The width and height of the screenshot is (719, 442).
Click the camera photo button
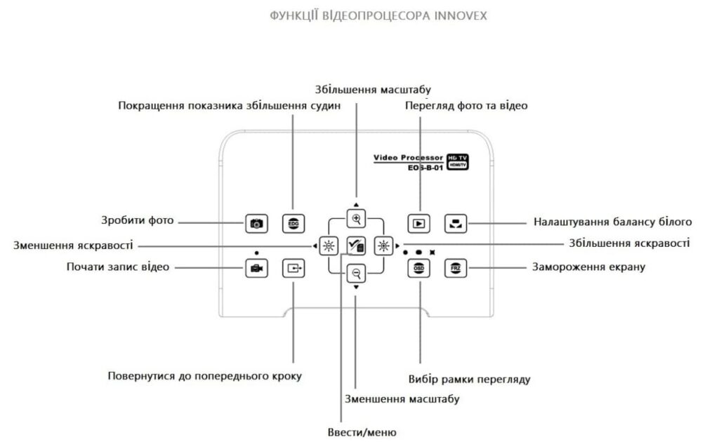point(256,224)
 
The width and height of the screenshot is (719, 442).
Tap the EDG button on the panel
point(293,224)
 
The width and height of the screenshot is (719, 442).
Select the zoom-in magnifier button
point(356,218)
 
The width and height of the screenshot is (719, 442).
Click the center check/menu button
point(356,246)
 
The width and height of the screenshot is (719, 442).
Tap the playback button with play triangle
point(418,224)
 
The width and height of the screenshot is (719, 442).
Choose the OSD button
point(418,268)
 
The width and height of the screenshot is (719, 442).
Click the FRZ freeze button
point(455,268)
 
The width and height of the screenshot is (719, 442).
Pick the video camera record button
point(256,268)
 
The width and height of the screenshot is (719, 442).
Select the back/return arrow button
point(293,268)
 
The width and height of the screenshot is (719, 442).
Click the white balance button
point(455,224)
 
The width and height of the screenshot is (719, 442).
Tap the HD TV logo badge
point(458,161)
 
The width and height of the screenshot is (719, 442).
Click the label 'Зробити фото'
point(138,220)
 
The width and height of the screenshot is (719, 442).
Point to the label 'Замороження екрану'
point(589,267)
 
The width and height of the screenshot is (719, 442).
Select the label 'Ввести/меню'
point(362,432)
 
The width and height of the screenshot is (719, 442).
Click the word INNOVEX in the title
point(461,16)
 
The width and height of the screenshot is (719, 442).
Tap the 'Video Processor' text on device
point(408,158)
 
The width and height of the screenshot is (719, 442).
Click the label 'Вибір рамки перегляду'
point(469,380)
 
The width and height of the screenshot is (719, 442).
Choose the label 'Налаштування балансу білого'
point(612,222)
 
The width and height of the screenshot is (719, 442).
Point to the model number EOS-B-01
point(426,168)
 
